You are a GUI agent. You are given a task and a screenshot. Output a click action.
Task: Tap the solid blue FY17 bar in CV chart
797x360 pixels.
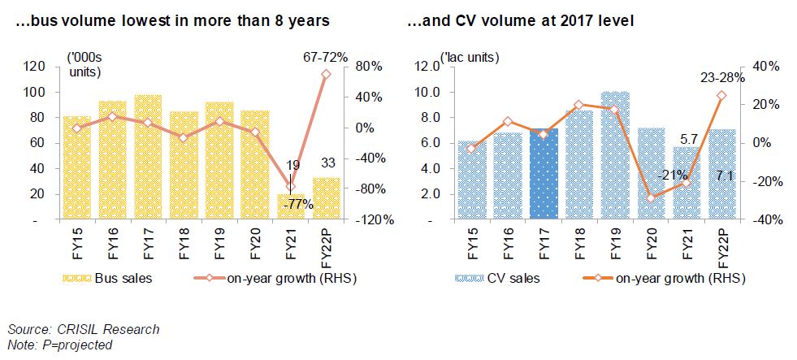(544, 174)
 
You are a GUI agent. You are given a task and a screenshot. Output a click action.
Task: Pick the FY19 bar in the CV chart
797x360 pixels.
(615, 155)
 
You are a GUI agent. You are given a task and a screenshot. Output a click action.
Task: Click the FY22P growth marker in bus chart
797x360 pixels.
(326, 74)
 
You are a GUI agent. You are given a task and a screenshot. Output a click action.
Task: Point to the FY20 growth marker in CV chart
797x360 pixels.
(651, 197)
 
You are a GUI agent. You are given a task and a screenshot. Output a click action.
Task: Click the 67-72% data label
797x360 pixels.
(326, 58)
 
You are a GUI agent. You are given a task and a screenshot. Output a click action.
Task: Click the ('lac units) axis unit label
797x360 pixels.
(469, 58)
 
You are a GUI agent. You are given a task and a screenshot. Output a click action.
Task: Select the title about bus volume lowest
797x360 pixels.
(168, 17)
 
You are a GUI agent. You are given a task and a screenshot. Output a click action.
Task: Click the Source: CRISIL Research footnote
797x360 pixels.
(84, 329)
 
